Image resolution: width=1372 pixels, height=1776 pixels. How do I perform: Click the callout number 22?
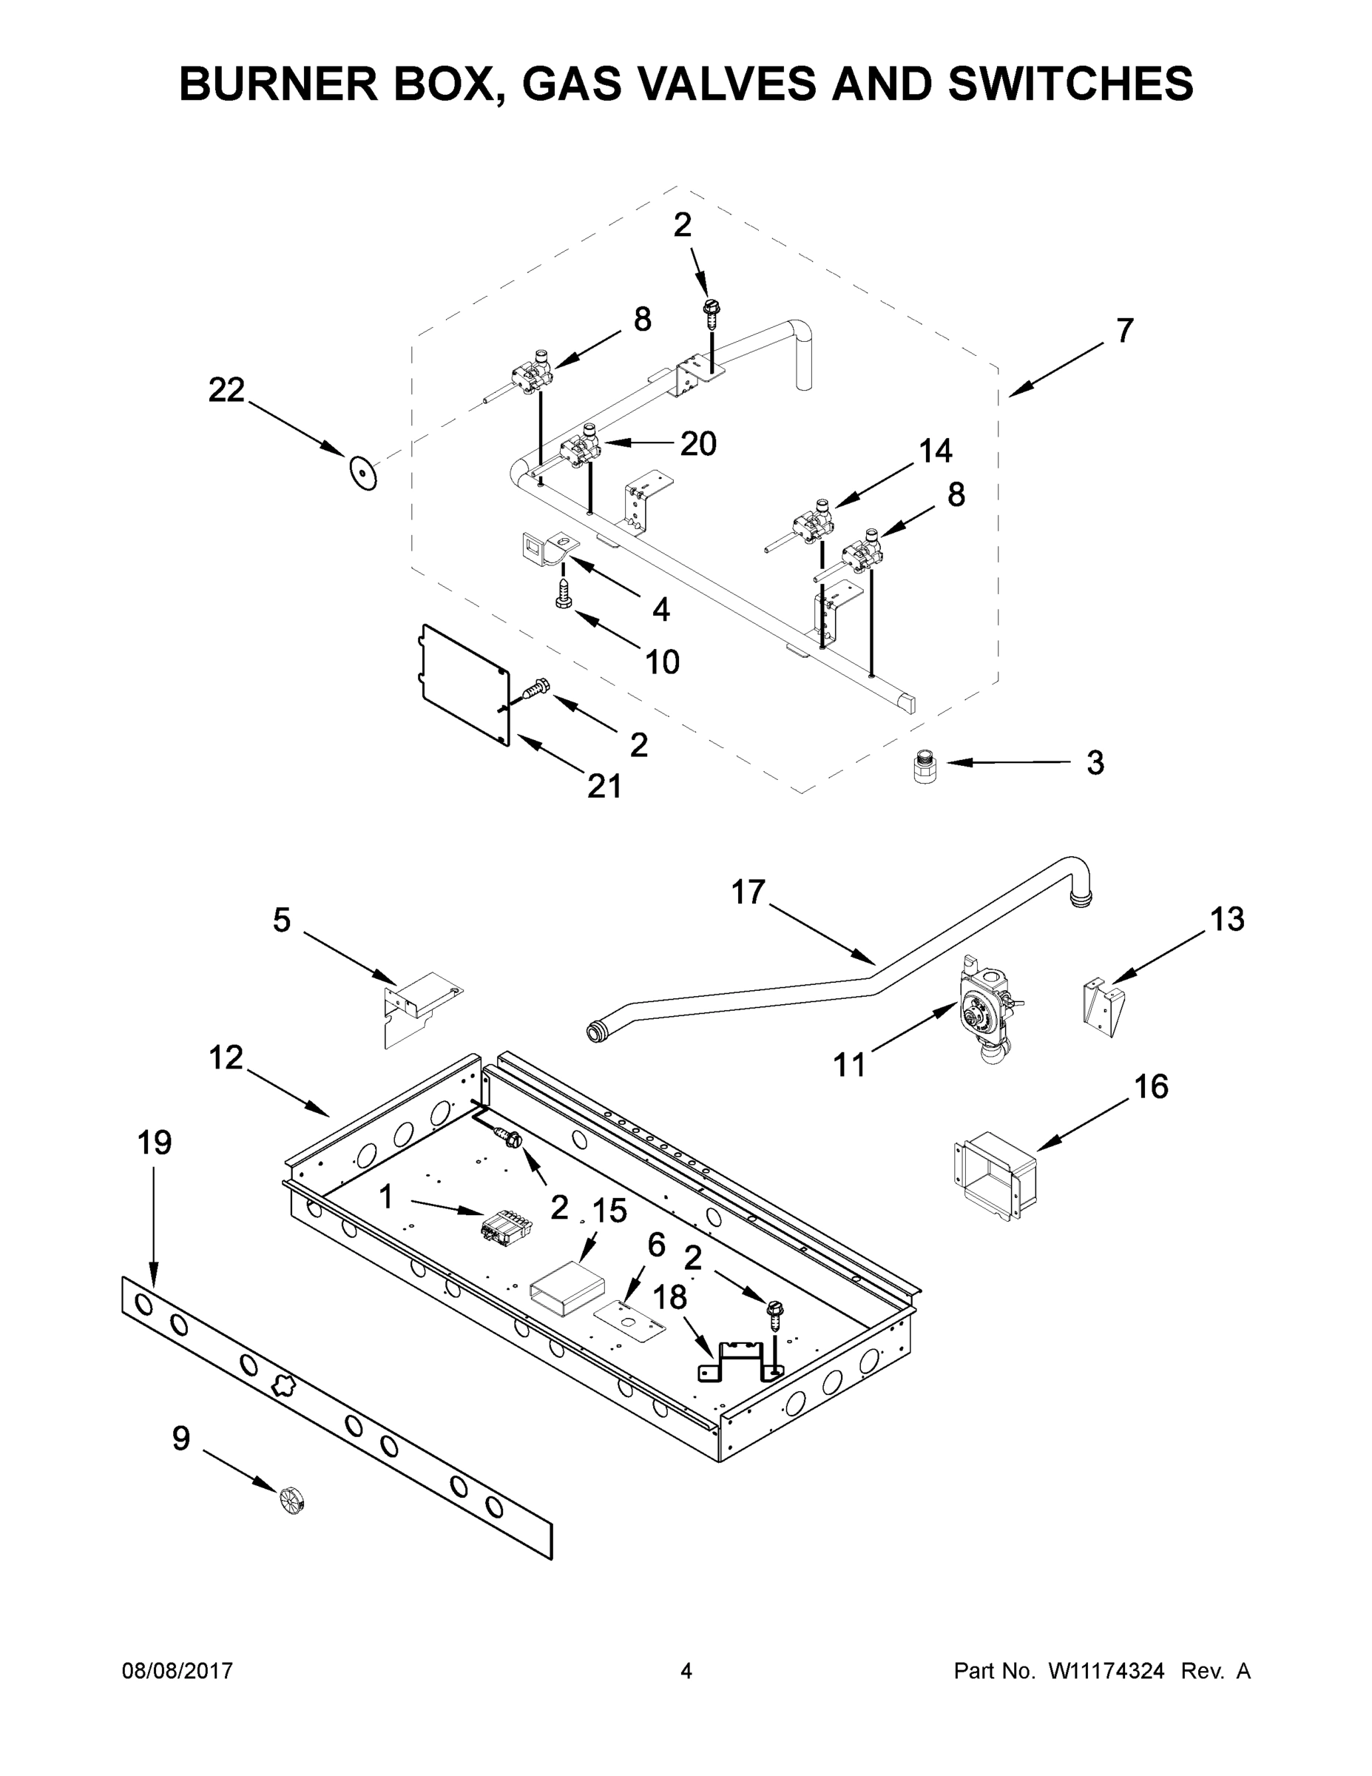pyautogui.click(x=226, y=390)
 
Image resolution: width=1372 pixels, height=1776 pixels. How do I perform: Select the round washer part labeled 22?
pyautogui.click(x=362, y=472)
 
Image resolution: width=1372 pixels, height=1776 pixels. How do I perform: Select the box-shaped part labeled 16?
pyautogui.click(x=994, y=1177)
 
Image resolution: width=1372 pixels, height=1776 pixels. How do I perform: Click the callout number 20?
pyautogui.click(x=698, y=444)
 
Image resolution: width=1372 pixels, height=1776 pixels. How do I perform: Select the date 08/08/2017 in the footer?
pyautogui.click(x=178, y=1671)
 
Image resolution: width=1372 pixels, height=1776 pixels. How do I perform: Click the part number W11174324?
pyautogui.click(x=1106, y=1671)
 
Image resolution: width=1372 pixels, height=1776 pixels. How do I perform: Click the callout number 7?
pyautogui.click(x=1123, y=331)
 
